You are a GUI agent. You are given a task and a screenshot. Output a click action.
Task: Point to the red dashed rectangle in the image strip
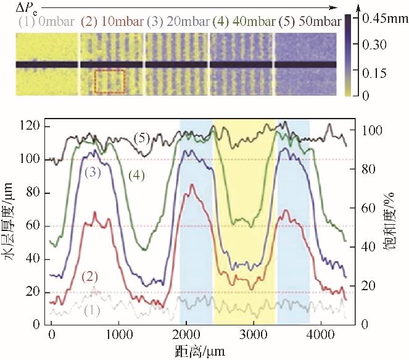click(110, 82)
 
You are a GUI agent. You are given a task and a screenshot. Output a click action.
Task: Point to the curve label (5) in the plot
click(142, 138)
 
